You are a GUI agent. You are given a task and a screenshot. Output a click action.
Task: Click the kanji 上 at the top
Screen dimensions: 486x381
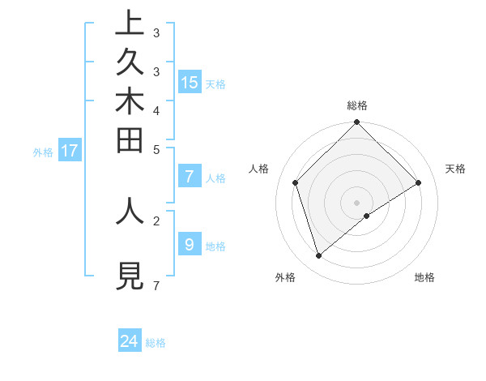130,24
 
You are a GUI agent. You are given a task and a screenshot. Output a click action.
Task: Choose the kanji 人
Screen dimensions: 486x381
130,209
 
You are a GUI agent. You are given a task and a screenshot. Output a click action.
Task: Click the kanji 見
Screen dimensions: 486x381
130,276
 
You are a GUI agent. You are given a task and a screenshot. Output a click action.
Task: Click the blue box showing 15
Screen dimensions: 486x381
190,83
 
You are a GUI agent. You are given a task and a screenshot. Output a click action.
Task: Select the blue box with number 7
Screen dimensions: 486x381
190,177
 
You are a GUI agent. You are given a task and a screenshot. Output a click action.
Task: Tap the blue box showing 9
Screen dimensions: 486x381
190,244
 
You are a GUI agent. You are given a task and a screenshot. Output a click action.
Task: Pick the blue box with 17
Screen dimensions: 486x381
70,150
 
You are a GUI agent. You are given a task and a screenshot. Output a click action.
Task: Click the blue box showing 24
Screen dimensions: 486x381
130,341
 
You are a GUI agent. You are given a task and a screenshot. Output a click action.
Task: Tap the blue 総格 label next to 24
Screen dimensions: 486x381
156,343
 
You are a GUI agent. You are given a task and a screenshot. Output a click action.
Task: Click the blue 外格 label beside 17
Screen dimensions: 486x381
43,152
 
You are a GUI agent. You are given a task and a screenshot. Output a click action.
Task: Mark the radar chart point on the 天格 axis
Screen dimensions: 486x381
419,182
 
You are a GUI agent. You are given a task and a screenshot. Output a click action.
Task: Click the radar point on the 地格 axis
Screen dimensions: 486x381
367,216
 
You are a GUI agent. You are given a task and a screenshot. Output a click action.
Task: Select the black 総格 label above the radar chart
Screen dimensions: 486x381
357,105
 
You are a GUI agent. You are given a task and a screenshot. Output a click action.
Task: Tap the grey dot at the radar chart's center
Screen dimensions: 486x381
357,202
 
